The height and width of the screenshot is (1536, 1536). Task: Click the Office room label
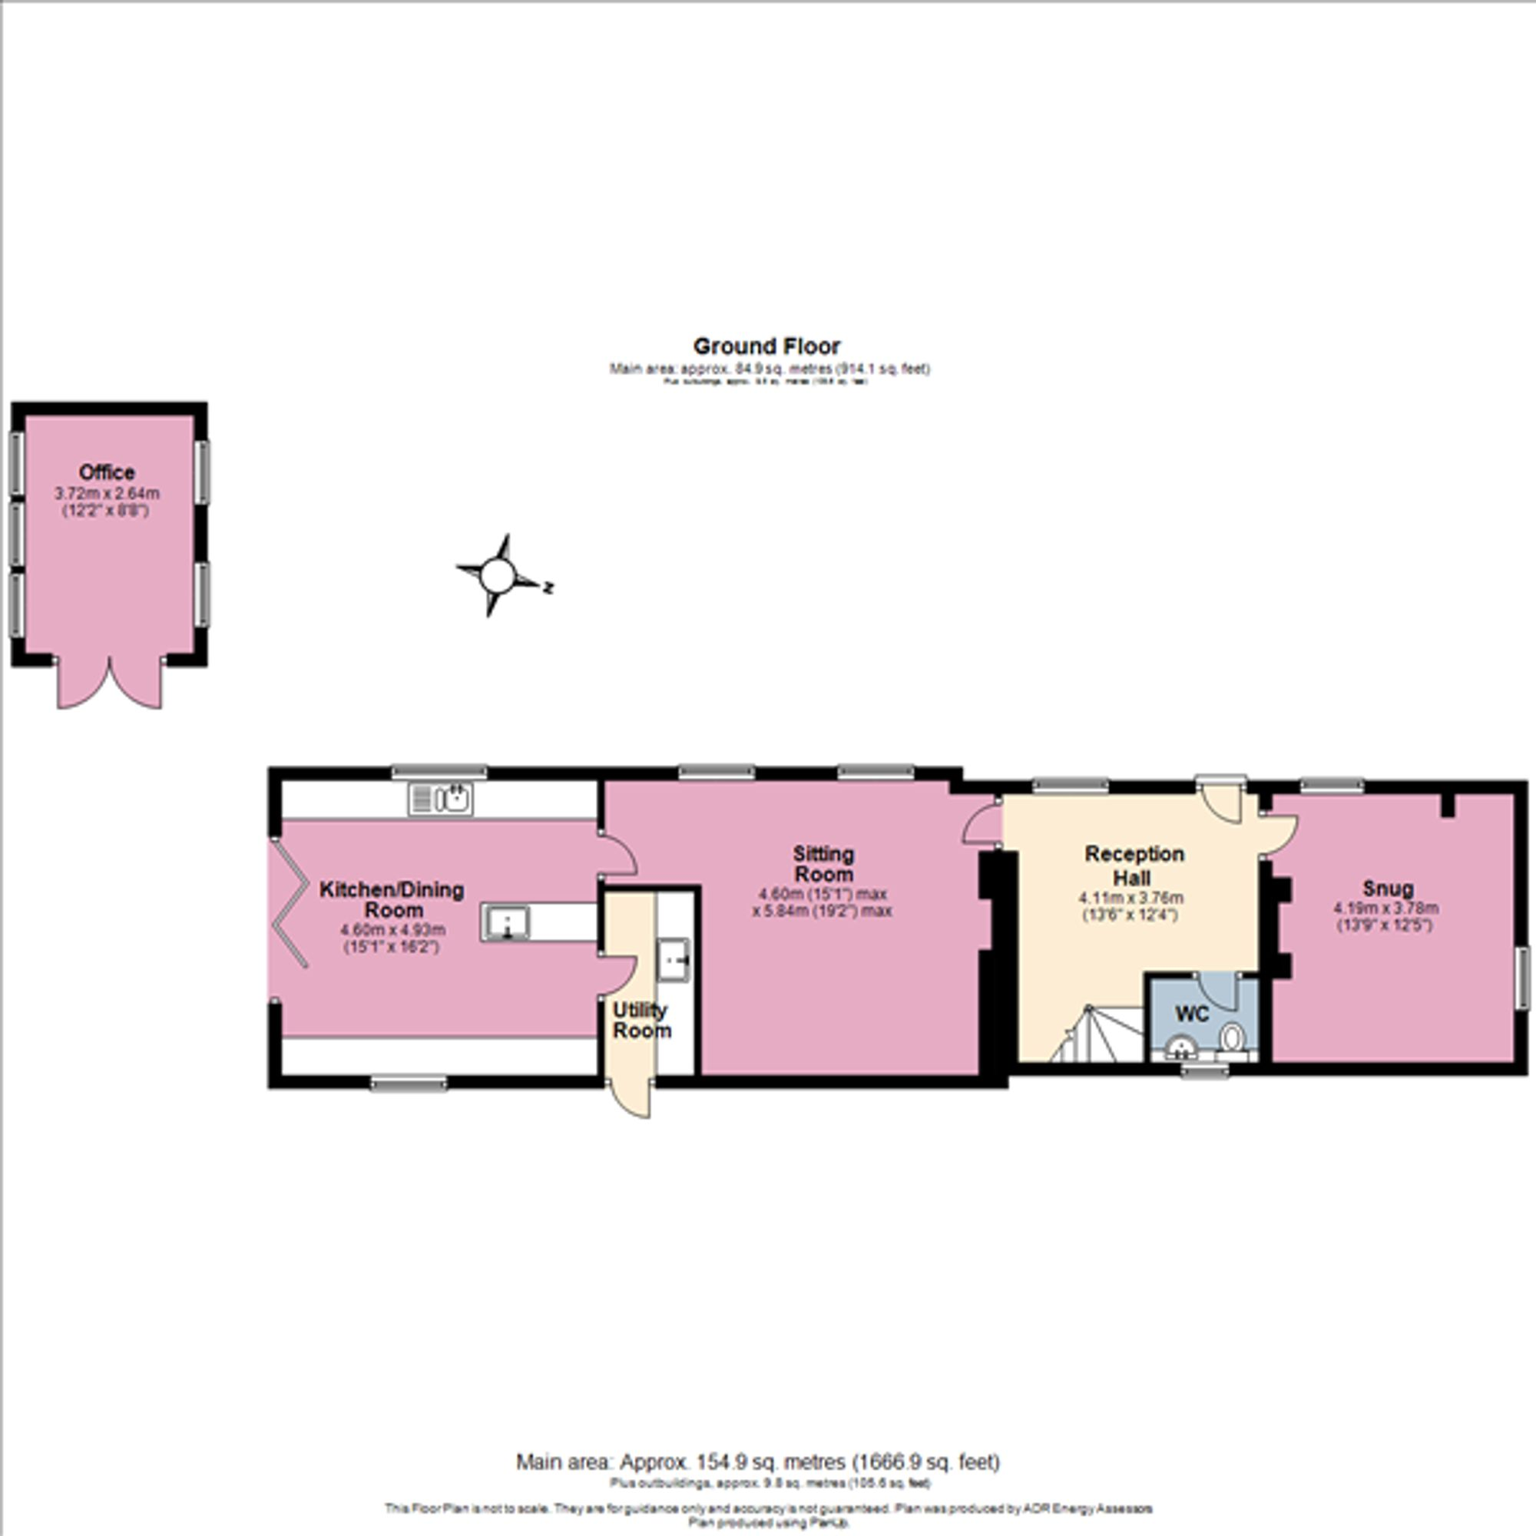pyautogui.click(x=107, y=472)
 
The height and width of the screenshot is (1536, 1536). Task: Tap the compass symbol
pyautogui.click(x=498, y=575)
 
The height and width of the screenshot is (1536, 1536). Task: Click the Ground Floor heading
pyautogui.click(x=766, y=346)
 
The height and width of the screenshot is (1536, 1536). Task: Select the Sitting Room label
pyautogui.click(x=823, y=863)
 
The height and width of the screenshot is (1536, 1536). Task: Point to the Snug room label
pyautogui.click(x=1387, y=888)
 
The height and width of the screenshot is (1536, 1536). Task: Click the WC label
pyautogui.click(x=1192, y=1014)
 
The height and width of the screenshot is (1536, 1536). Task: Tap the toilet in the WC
pyautogui.click(x=1232, y=1038)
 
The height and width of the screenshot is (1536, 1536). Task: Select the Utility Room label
pyautogui.click(x=641, y=1021)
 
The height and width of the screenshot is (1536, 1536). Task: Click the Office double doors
pyautogui.click(x=110, y=684)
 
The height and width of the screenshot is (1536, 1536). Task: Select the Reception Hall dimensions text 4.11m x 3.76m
pyautogui.click(x=1130, y=899)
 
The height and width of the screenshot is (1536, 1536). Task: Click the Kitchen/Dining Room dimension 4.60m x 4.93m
pyautogui.click(x=392, y=929)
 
